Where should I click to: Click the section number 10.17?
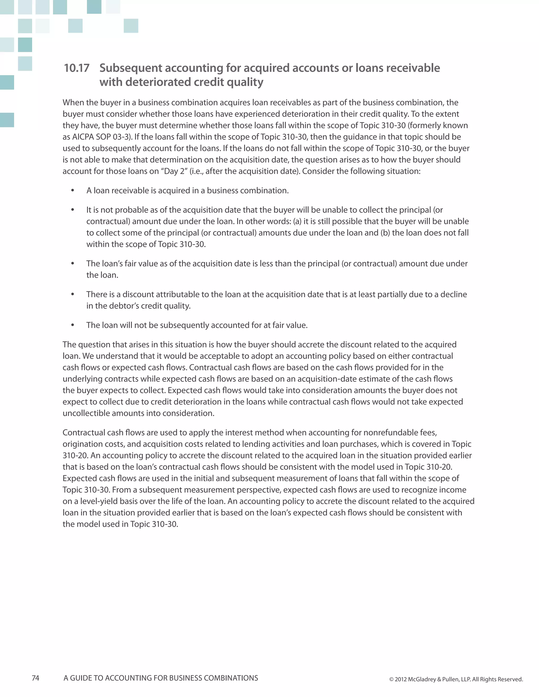(77, 68)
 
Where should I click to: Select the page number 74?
(36, 678)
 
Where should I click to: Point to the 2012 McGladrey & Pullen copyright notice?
(456, 679)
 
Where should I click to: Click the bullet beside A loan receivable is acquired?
(73, 190)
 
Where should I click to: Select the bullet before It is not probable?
(73, 210)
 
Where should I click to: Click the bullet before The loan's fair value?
(73, 264)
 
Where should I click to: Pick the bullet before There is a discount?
(73, 294)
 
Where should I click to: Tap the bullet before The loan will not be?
(73, 325)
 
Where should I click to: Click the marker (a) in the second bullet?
(297, 221)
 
